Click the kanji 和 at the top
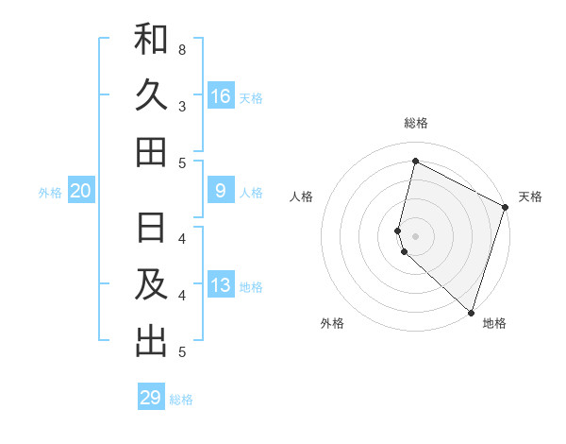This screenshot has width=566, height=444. [x=151, y=40]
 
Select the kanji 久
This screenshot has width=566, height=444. [x=151, y=95]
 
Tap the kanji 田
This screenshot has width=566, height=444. [x=151, y=151]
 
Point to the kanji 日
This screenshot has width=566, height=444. [x=151, y=230]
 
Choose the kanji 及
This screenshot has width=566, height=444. [x=151, y=285]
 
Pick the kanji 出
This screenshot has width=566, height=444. [x=151, y=341]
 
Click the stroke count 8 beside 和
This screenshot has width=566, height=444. [x=182, y=49]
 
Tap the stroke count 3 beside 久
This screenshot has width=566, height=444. [x=182, y=106]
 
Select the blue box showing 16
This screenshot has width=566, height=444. [x=221, y=96]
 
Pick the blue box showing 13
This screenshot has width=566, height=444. [x=221, y=286]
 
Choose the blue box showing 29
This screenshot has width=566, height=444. [x=151, y=398]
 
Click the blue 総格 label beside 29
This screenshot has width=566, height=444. [x=181, y=400]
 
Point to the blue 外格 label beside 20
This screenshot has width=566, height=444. [x=50, y=193]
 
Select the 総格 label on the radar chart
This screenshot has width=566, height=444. [x=416, y=123]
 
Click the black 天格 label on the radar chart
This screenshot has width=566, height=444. [x=530, y=196]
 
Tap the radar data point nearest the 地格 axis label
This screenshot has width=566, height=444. [x=471, y=312]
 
